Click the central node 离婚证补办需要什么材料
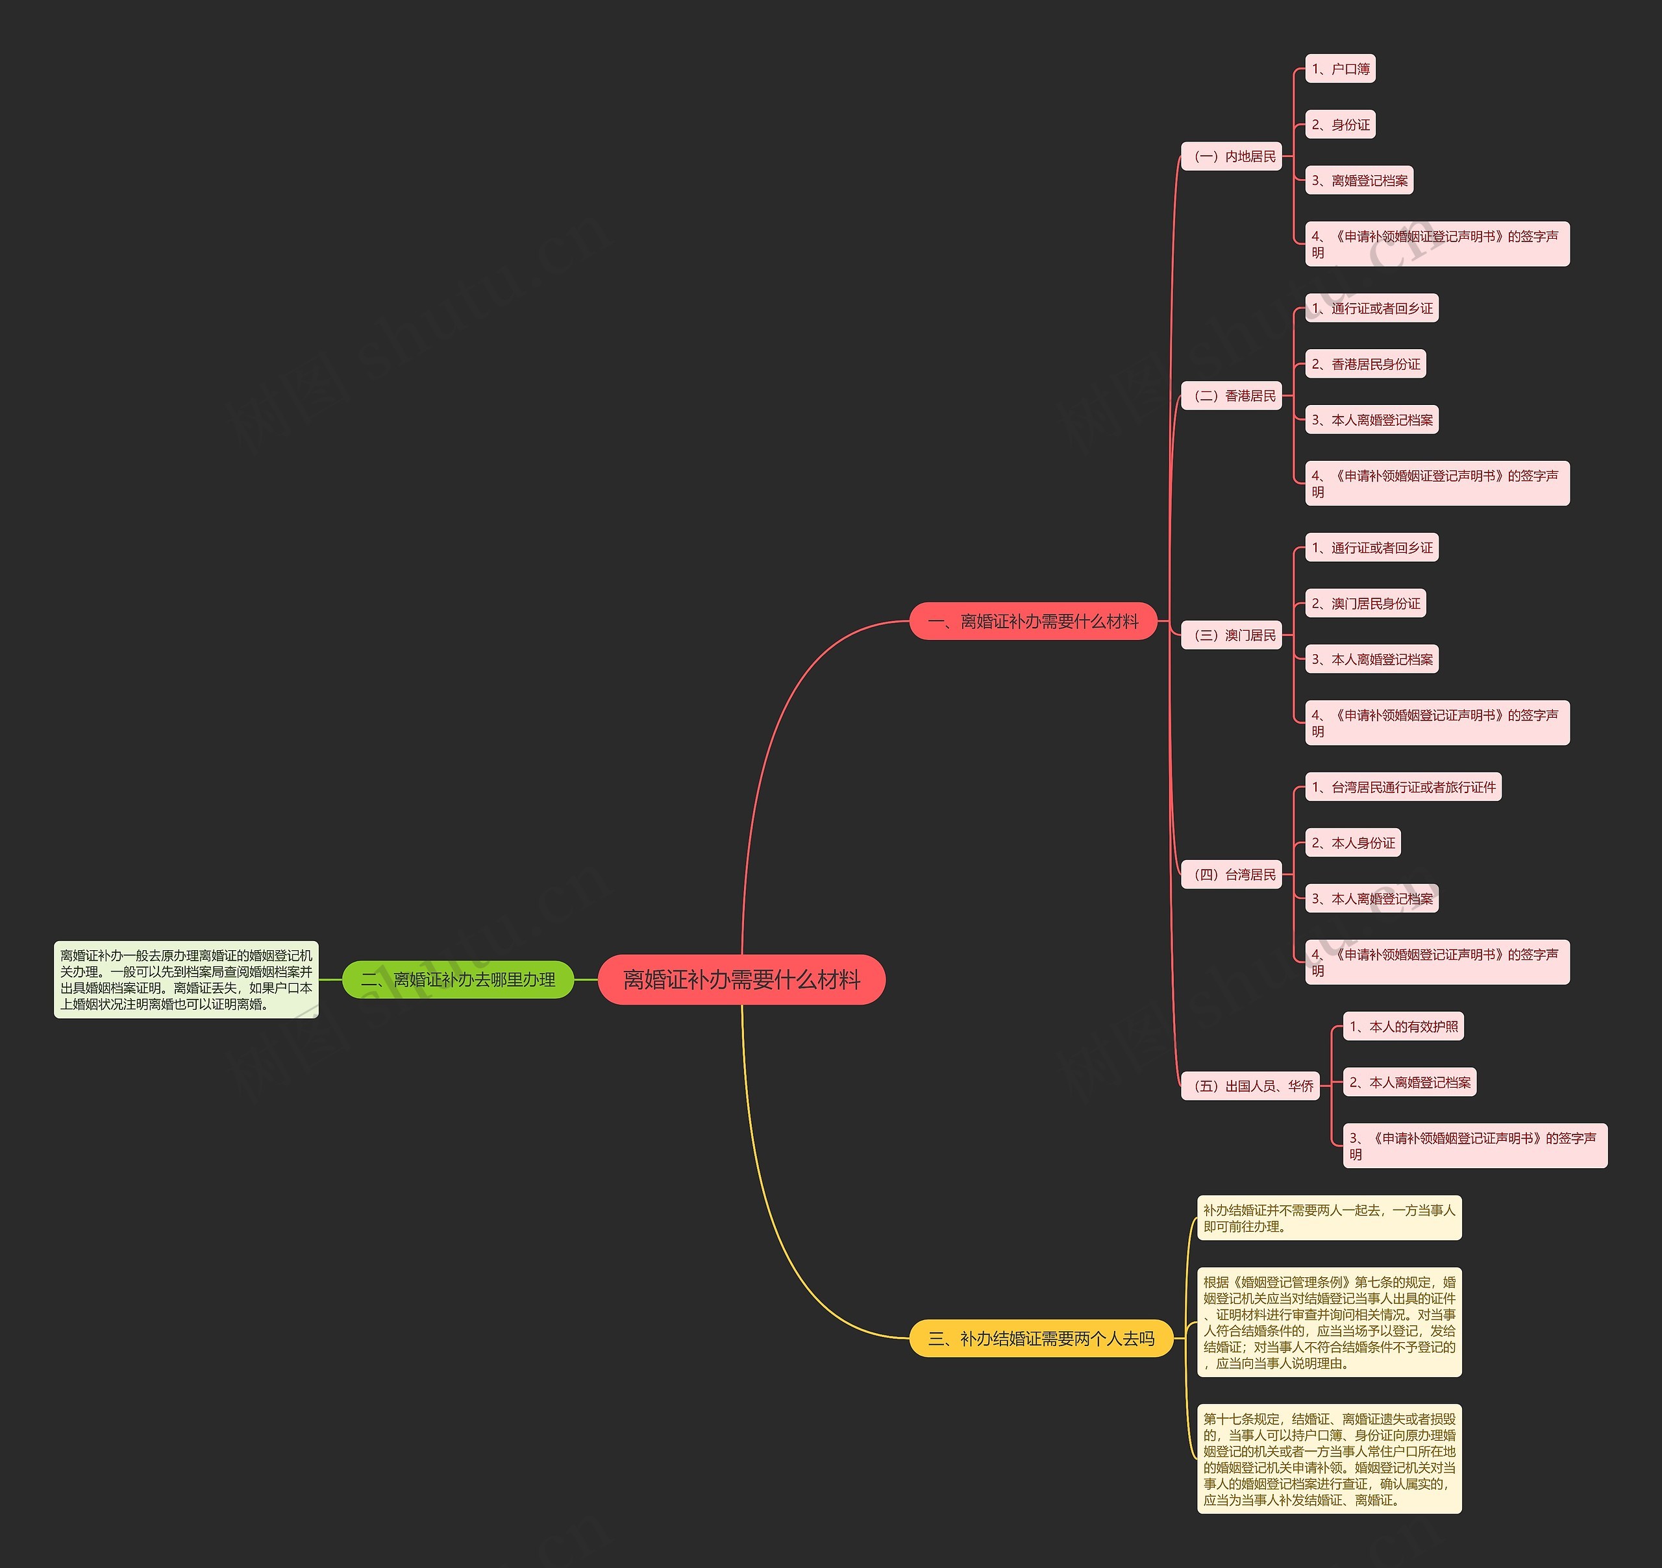741,979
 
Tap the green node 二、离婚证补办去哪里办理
458,979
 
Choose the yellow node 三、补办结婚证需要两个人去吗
1041,1338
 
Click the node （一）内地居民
1232,156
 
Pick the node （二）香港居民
1232,395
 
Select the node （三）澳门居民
1232,635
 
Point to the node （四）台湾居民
1232,874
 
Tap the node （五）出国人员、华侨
1250,1086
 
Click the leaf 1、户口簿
1340,69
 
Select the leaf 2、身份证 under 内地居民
1340,125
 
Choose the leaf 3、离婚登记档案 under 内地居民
1359,180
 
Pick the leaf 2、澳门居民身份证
1365,604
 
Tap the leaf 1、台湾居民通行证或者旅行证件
1403,787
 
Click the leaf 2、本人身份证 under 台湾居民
1353,842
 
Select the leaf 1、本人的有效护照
1403,1026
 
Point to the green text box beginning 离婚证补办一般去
186,979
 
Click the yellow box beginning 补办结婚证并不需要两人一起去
1329,1218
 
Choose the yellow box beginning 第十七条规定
1329,1458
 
